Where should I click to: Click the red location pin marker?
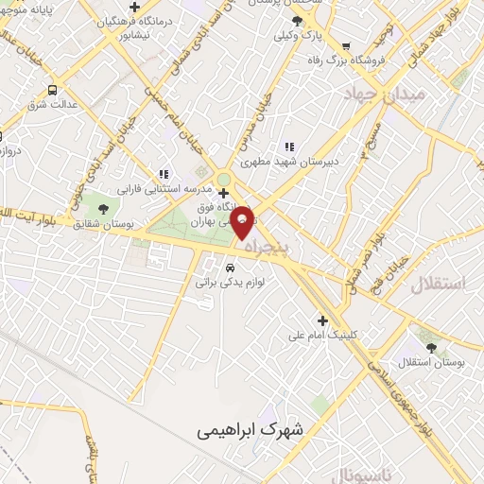(242, 221)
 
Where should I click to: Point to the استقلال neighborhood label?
(440, 283)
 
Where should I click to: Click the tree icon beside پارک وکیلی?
(298, 20)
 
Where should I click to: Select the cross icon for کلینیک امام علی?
(323, 320)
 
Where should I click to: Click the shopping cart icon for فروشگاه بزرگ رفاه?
(346, 44)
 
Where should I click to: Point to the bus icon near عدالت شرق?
(50, 91)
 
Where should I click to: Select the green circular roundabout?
(224, 178)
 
